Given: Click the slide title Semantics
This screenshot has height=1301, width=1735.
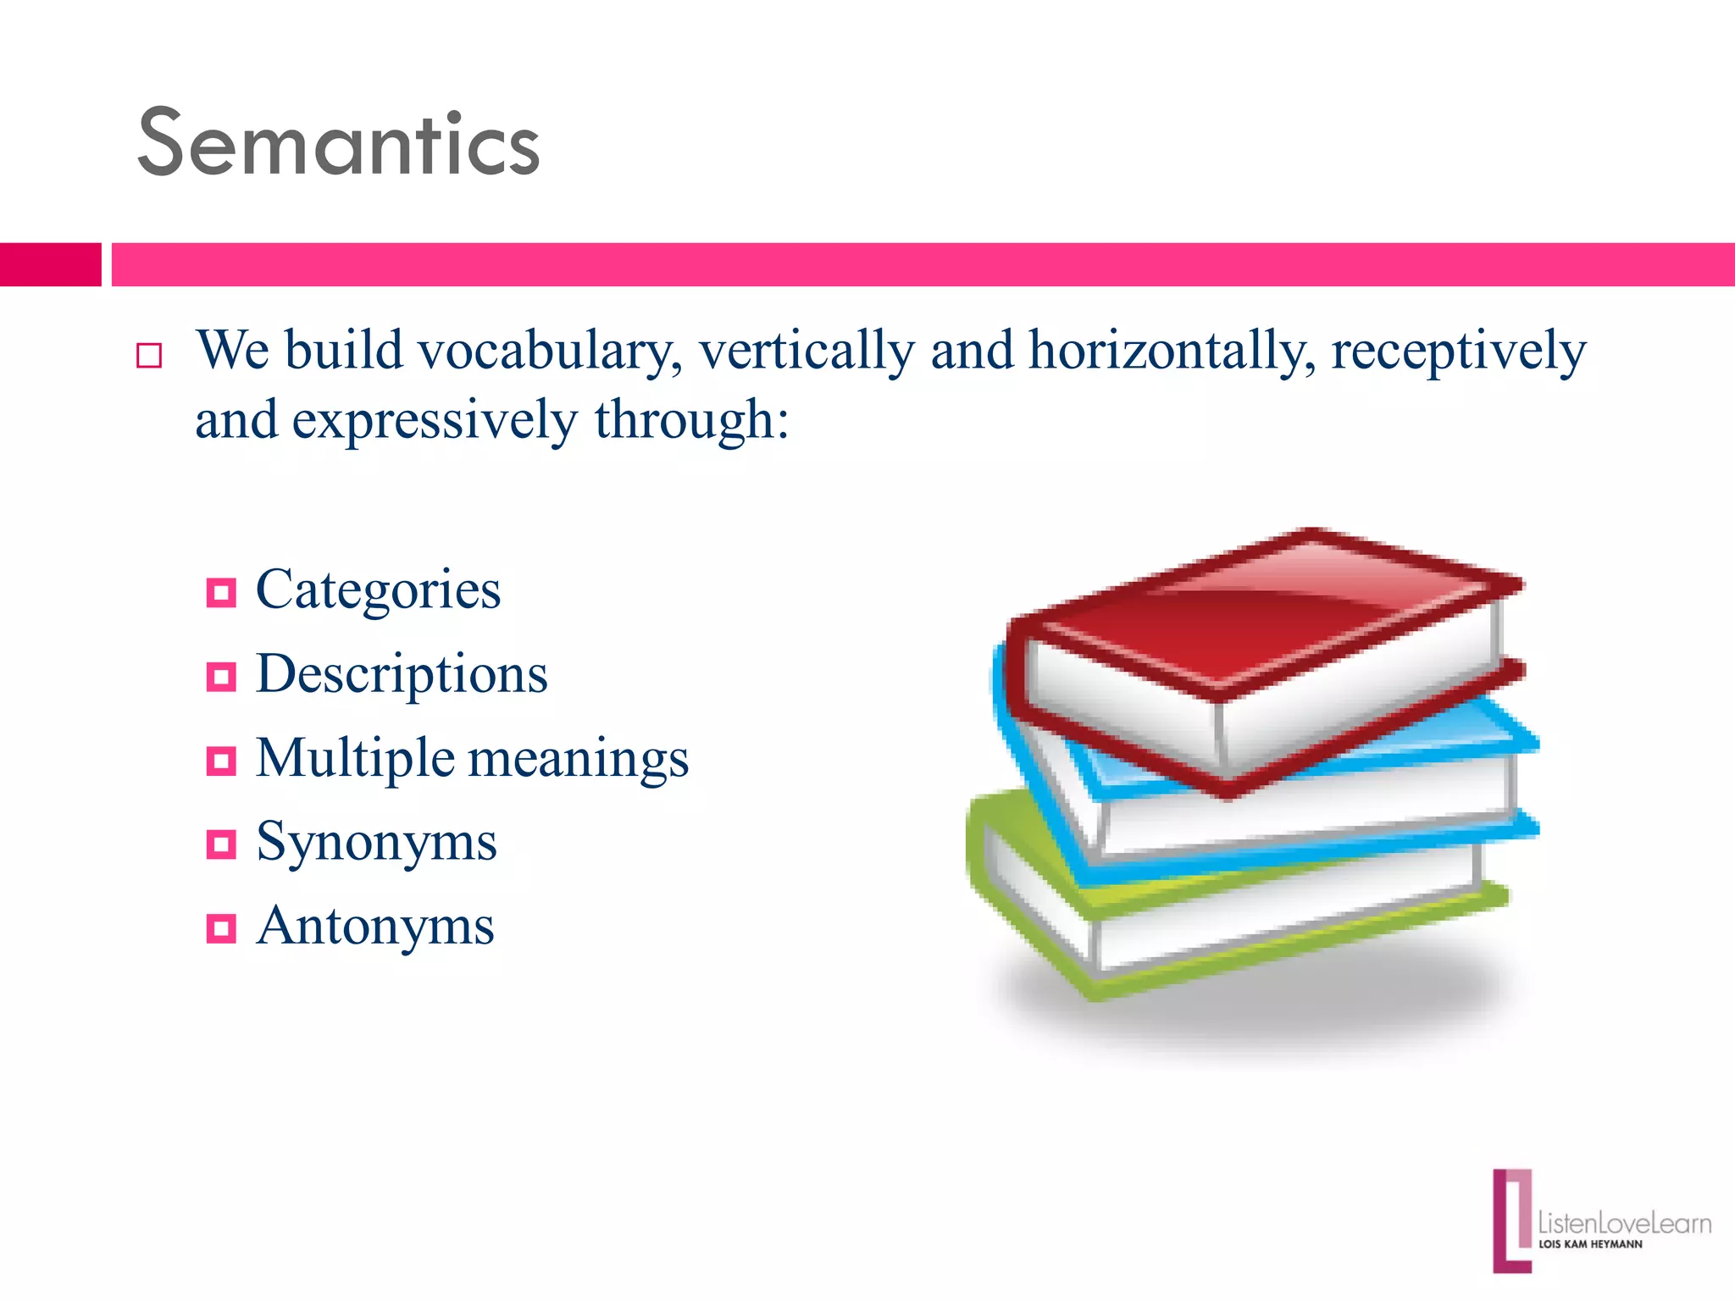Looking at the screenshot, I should (x=339, y=144).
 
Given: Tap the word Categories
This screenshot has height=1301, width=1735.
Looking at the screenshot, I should (x=378, y=590).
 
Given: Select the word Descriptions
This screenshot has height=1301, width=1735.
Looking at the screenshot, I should (x=402, y=674).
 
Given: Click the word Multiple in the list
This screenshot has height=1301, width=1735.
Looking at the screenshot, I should (x=355, y=758).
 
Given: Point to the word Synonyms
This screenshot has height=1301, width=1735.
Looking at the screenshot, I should (x=376, y=842).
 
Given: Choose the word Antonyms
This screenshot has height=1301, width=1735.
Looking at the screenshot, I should (x=375, y=926).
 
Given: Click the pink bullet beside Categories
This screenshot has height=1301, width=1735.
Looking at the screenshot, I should (x=221, y=593).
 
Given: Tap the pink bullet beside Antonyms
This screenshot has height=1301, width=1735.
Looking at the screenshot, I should (x=221, y=929).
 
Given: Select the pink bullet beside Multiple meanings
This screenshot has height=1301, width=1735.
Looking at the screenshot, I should (x=221, y=761).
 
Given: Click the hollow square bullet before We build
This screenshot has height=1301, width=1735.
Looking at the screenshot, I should (x=149, y=356).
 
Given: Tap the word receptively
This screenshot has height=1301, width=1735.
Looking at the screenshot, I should (x=1459, y=351).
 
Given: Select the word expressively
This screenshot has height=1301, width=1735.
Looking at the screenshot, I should (x=435, y=420).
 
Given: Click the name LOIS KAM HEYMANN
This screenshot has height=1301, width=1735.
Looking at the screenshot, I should (x=1590, y=1244).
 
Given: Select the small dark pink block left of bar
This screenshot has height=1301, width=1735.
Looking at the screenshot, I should (x=50, y=264).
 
